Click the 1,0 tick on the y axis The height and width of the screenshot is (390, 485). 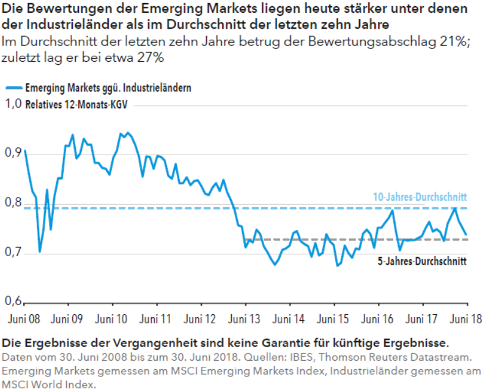click(x=13, y=104)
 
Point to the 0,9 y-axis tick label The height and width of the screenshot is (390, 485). click(x=13, y=153)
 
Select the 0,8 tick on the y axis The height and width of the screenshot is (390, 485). click(x=13, y=203)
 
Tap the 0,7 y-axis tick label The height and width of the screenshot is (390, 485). click(x=13, y=252)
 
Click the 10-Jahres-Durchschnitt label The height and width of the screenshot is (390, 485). click(x=420, y=197)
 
